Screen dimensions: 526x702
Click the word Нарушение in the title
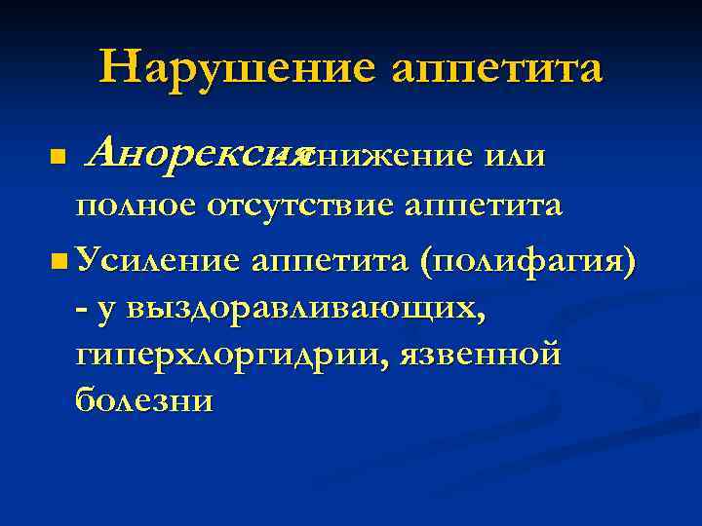[237, 67]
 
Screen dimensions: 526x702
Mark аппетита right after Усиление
[332, 261]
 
